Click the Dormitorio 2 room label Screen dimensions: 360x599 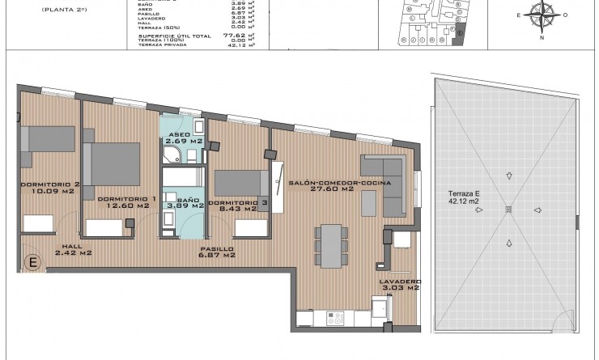[49, 184]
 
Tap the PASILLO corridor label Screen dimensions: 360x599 [219, 248]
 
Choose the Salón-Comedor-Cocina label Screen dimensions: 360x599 [340, 184]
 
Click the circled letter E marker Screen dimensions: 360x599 [34, 261]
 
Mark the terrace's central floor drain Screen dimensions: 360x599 [508, 210]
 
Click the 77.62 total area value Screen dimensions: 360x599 [238, 36]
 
